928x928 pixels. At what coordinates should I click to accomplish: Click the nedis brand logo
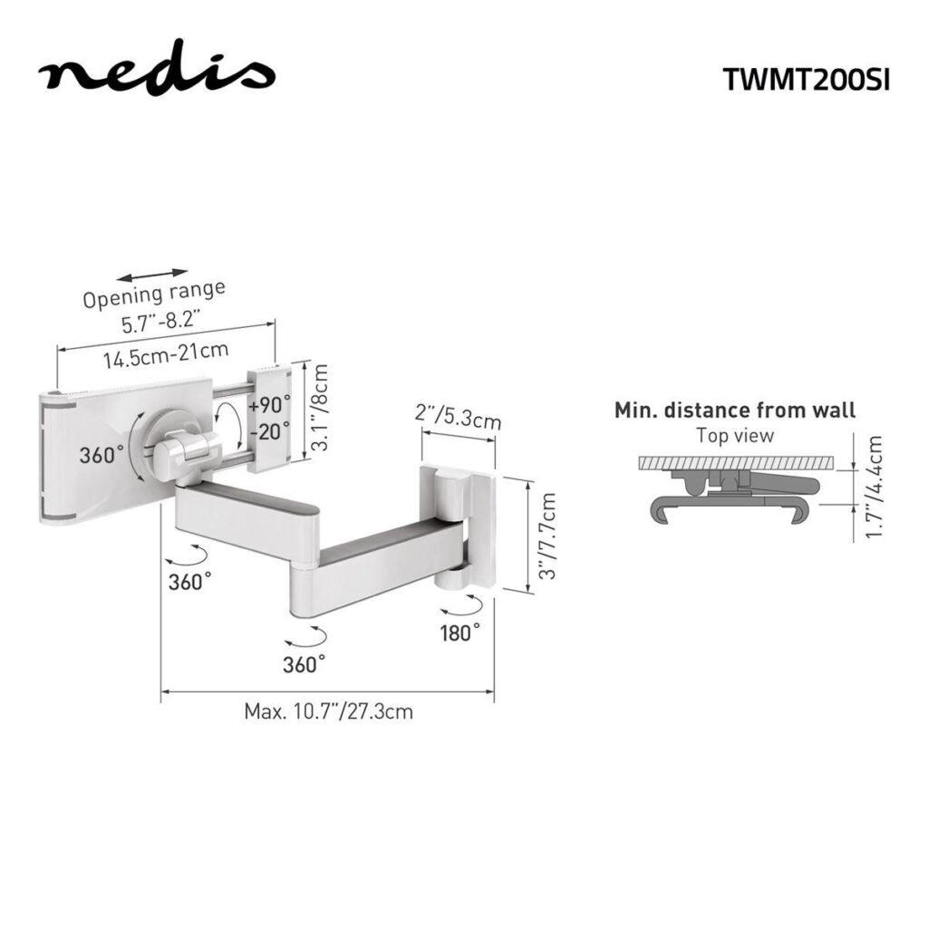pyautogui.click(x=156, y=72)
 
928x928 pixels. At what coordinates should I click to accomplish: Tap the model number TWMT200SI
pyautogui.click(x=807, y=79)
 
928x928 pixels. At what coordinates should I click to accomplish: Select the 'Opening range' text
pyautogui.click(x=154, y=295)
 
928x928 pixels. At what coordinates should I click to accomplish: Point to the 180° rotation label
pyautogui.click(x=460, y=632)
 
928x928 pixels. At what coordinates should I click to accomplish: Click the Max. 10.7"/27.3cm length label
pyautogui.click(x=328, y=711)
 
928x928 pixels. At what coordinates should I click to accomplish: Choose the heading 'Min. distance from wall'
pyautogui.click(x=735, y=411)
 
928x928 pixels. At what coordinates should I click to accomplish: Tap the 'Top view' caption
pyautogui.click(x=735, y=435)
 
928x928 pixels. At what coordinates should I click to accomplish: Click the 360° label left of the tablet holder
pyautogui.click(x=101, y=456)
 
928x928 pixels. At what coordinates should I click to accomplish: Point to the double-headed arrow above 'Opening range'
pyautogui.click(x=153, y=273)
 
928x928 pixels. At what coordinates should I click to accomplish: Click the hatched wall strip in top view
pyautogui.click(x=735, y=463)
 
